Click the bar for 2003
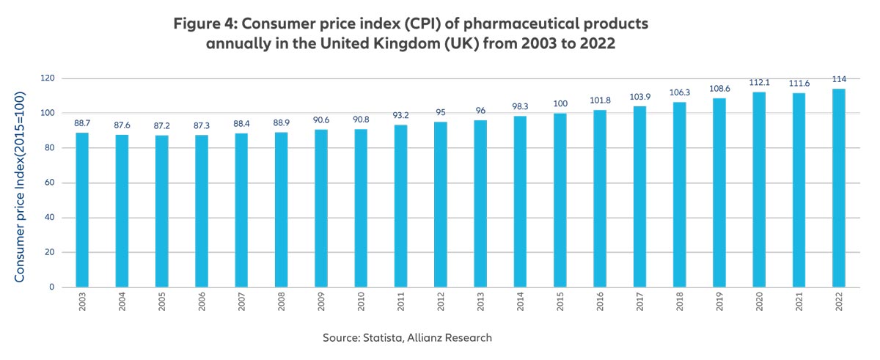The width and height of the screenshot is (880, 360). pyautogui.click(x=82, y=210)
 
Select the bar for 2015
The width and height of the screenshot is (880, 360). pyautogui.click(x=560, y=200)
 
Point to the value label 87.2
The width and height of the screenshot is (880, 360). pyautogui.click(x=161, y=125)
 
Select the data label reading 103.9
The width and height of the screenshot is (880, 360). pyautogui.click(x=639, y=96)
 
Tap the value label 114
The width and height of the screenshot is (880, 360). pyautogui.click(x=838, y=78)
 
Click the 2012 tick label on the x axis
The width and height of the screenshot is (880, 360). pyautogui.click(x=441, y=304)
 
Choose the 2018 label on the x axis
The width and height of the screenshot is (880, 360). pyautogui.click(x=680, y=304)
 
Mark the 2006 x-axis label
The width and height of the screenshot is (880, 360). pyautogui.click(x=202, y=304)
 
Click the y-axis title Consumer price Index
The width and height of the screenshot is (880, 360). pyautogui.click(x=20, y=187)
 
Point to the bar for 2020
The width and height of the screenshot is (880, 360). pyautogui.click(x=759, y=189)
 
